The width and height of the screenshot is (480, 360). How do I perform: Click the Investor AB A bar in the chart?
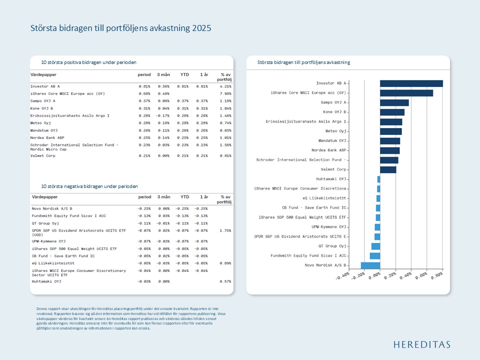411,83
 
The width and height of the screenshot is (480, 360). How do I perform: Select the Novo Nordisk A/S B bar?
370,265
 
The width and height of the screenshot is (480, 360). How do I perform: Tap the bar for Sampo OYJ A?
394,102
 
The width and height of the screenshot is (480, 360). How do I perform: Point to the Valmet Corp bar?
387,169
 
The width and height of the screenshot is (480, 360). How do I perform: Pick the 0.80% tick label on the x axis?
436,276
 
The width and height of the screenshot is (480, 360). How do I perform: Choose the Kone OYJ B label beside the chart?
334,112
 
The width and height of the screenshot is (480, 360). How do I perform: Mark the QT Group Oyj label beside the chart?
332,246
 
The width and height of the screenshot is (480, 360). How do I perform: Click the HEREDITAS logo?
421,344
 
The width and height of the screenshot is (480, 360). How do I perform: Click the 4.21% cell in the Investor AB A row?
225,86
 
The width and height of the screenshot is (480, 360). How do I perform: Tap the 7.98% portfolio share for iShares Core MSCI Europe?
225,93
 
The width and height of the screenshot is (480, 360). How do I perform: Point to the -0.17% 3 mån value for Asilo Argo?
163,115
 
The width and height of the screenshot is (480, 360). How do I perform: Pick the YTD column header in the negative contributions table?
184,197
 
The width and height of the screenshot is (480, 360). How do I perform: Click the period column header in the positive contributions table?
144,74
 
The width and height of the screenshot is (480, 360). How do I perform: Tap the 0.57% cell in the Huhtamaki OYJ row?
225,281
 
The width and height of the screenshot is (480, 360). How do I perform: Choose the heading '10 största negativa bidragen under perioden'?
89,186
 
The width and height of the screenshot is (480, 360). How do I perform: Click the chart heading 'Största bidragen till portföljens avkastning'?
303,62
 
